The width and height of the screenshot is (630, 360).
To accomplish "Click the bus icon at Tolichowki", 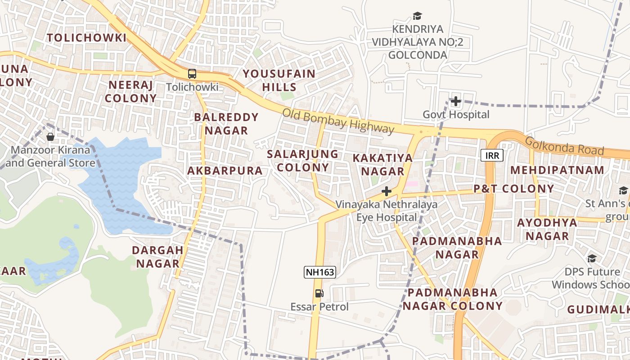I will coord(192,74).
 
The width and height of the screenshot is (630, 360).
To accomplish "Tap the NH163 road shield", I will coord(320,272).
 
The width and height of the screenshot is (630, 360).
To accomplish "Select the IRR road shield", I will coord(492,156).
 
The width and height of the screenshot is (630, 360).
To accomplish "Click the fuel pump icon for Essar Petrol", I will coord(319,293).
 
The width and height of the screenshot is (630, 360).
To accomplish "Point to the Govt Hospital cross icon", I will coord(456,101).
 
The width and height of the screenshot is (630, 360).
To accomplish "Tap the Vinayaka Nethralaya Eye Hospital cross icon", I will coord(386,192).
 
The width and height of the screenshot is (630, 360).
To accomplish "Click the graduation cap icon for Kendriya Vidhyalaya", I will coord(418,16).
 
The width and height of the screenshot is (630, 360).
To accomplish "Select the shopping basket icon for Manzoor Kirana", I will coord(50,136).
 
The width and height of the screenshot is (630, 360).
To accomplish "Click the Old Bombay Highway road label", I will coord(338,121).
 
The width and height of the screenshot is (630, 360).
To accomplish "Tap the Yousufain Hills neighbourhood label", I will coord(279,81).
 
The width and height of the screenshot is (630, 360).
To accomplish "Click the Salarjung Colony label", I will coord(302,161).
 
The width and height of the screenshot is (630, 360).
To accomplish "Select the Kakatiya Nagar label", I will coord(382,165).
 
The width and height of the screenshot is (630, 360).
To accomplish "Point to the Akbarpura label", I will coord(225,171).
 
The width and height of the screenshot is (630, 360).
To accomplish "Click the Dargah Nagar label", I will coord(158,256).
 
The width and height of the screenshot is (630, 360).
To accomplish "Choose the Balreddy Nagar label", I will coord(226,124).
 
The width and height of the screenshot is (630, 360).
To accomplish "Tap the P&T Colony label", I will coord(513,189).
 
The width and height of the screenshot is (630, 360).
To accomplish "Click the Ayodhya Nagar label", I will coord(547,229).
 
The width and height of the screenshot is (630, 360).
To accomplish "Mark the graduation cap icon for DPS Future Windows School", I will coord(592,258).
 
